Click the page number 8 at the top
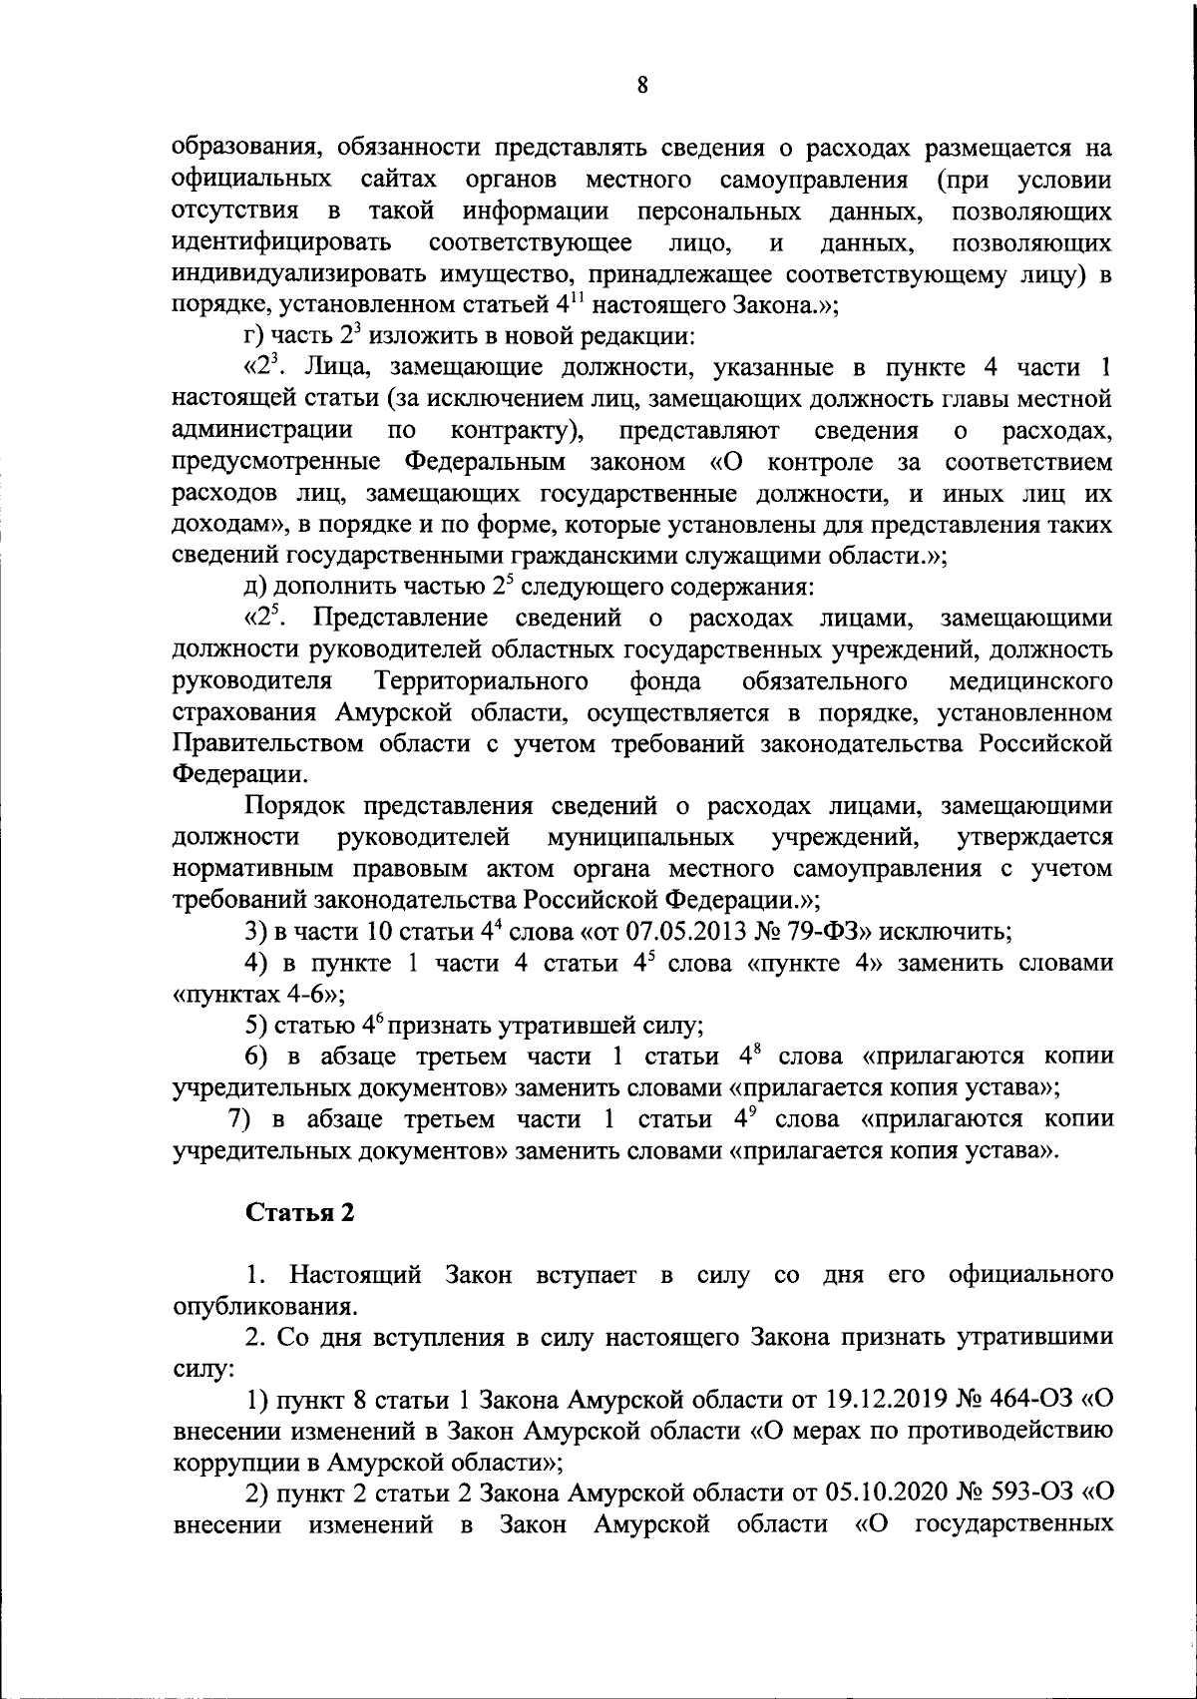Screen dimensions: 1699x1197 coord(642,86)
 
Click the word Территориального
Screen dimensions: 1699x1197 coord(481,681)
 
